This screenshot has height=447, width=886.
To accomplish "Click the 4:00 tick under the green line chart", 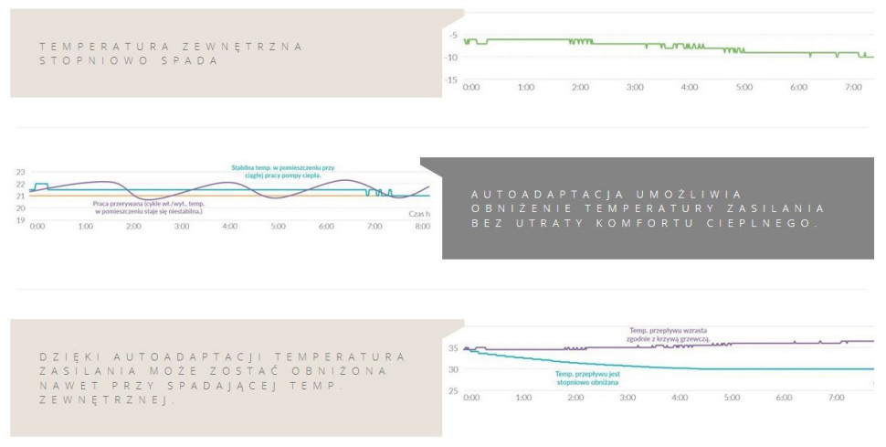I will click(x=690, y=87).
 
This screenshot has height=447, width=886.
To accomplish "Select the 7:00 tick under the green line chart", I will click(x=853, y=87).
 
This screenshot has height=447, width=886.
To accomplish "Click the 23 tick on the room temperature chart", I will click(x=21, y=172).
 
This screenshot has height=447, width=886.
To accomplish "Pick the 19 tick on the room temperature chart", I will click(x=21, y=219).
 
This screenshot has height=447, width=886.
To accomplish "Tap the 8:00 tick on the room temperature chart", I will click(x=423, y=225).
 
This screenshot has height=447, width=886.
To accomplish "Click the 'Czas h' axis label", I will click(x=418, y=213).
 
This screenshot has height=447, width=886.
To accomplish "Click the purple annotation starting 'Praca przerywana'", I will click(x=147, y=207).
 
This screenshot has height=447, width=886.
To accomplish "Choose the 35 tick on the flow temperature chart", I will click(x=452, y=348).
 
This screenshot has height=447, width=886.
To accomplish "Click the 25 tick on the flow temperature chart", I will click(x=452, y=391).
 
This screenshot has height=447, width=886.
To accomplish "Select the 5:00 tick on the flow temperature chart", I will click(x=733, y=399).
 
